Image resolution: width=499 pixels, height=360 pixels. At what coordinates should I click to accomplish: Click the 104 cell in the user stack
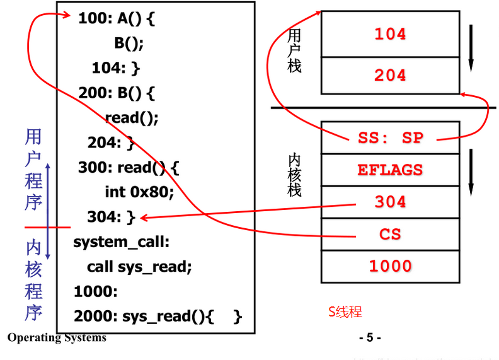click(x=391, y=34)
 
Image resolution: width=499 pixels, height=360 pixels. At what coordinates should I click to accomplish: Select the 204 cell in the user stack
click(x=391, y=75)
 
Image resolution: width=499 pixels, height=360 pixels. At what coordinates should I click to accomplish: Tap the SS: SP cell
click(x=391, y=137)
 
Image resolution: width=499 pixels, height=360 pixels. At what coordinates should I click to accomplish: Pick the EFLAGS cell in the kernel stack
click(x=391, y=170)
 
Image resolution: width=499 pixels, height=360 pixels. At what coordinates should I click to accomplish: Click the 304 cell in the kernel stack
click(x=391, y=202)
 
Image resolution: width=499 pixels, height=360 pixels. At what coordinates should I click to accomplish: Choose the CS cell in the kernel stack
click(x=391, y=235)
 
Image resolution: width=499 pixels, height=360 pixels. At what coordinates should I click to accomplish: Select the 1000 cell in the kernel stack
click(x=391, y=266)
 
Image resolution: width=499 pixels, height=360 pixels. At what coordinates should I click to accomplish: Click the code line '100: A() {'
click(x=117, y=19)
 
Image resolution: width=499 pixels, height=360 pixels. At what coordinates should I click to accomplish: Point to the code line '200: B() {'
click(x=117, y=93)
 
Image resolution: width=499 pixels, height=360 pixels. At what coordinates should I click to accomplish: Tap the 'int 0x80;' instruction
click(x=139, y=192)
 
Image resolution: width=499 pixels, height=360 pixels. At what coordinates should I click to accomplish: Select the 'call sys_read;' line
click(x=139, y=267)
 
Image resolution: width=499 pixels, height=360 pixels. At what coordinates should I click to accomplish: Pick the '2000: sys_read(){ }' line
click(x=158, y=316)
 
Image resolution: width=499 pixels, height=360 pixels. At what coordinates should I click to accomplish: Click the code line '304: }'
click(x=112, y=218)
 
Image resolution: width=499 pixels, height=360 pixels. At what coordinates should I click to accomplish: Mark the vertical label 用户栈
click(x=294, y=51)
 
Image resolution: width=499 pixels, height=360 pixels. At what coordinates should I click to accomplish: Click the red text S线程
click(x=345, y=311)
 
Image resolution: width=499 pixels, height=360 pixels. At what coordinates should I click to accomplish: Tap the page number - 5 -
click(x=370, y=338)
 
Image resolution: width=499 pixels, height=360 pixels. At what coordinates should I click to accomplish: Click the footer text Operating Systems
click(x=57, y=338)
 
